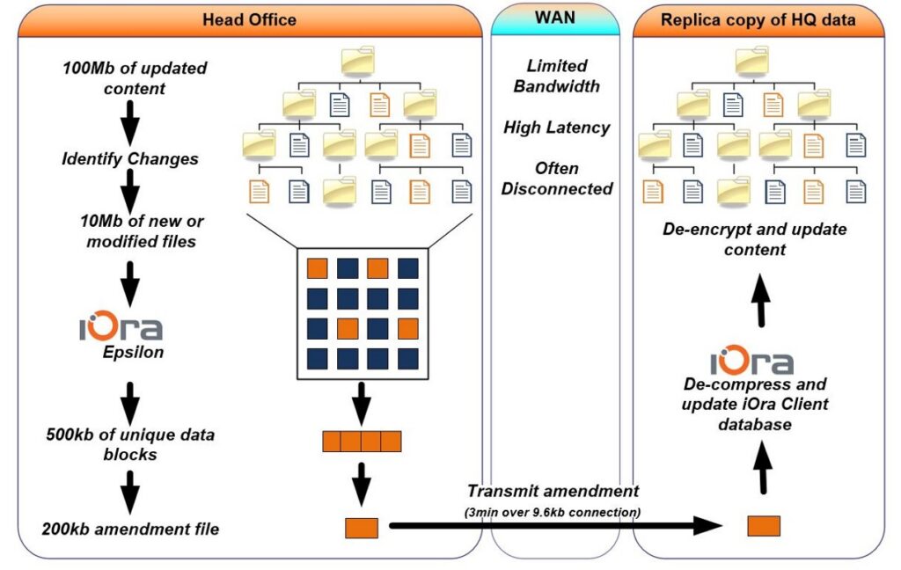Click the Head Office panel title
click(x=249, y=19)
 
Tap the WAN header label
click(x=555, y=18)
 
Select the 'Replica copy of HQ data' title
click(x=758, y=19)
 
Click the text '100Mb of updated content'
click(x=135, y=78)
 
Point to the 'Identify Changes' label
click(x=130, y=158)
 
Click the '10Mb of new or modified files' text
click(x=142, y=231)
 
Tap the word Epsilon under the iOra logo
click(x=134, y=352)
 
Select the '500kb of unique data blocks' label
click(x=130, y=444)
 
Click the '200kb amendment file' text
click(x=130, y=529)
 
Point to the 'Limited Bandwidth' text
click(x=557, y=76)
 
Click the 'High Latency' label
click(x=557, y=128)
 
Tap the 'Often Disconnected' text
click(x=557, y=178)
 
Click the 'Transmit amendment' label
click(x=553, y=491)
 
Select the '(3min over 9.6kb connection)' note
click(x=553, y=511)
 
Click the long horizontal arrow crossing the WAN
click(x=556, y=525)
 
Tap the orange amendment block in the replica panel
click(x=764, y=526)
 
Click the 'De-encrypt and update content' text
click(x=754, y=239)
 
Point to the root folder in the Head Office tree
click(x=358, y=61)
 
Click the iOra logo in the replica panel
click(x=752, y=361)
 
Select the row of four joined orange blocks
click(x=362, y=442)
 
